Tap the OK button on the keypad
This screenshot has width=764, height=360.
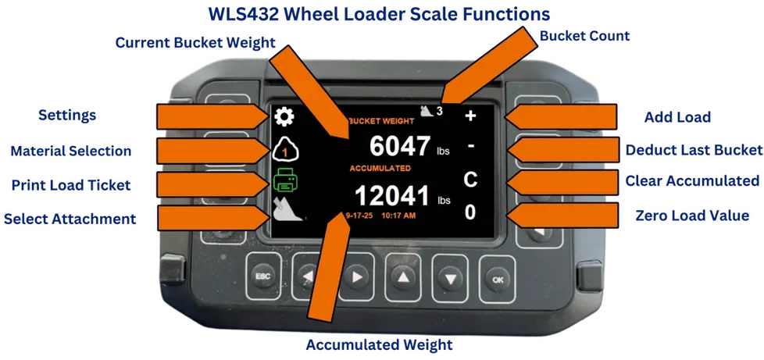tap(497, 280)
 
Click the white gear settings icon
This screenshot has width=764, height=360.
tap(284, 117)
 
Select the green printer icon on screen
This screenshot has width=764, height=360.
tap(284, 180)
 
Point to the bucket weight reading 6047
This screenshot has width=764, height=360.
tap(399, 146)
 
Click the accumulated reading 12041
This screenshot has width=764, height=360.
tap(391, 196)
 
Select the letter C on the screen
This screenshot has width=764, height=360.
tap(469, 180)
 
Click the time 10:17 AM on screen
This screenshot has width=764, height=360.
tap(398, 215)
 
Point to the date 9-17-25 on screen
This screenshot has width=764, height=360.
tap(359, 215)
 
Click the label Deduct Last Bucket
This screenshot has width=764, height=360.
tap(694, 150)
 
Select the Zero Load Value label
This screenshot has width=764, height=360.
tap(692, 216)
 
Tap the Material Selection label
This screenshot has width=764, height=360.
tap(70, 151)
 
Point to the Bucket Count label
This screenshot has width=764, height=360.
tap(584, 36)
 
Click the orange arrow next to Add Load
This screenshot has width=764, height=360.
tap(560, 117)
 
